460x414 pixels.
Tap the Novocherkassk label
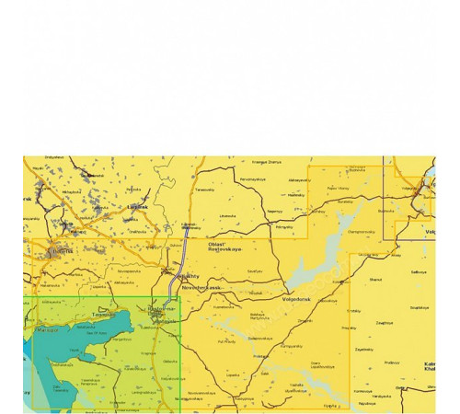coord(204,287)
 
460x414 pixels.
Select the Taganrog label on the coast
coord(104,315)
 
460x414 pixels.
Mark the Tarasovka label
coord(203,190)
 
